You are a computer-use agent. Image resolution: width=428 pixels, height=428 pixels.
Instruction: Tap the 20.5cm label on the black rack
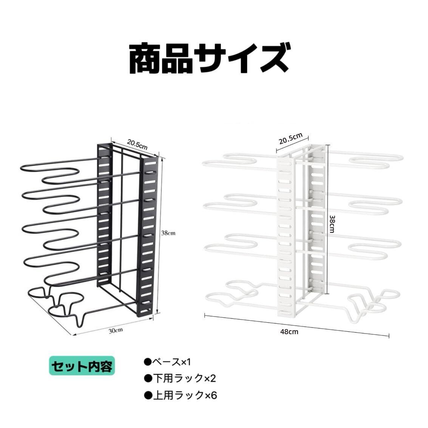pyautogui.click(x=137, y=144)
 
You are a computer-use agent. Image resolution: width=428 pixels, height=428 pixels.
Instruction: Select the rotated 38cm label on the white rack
pyautogui.click(x=332, y=224)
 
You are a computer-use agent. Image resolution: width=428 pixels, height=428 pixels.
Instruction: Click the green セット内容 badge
pyautogui.click(x=82, y=366)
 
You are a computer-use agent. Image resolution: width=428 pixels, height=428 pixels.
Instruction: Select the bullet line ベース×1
pyautogui.click(x=168, y=362)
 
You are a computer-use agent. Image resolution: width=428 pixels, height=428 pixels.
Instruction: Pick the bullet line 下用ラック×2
pyautogui.click(x=180, y=379)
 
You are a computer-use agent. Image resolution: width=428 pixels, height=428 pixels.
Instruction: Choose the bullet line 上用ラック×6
pyautogui.click(x=180, y=395)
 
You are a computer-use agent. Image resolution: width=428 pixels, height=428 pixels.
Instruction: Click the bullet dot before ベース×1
pyautogui.click(x=147, y=362)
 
